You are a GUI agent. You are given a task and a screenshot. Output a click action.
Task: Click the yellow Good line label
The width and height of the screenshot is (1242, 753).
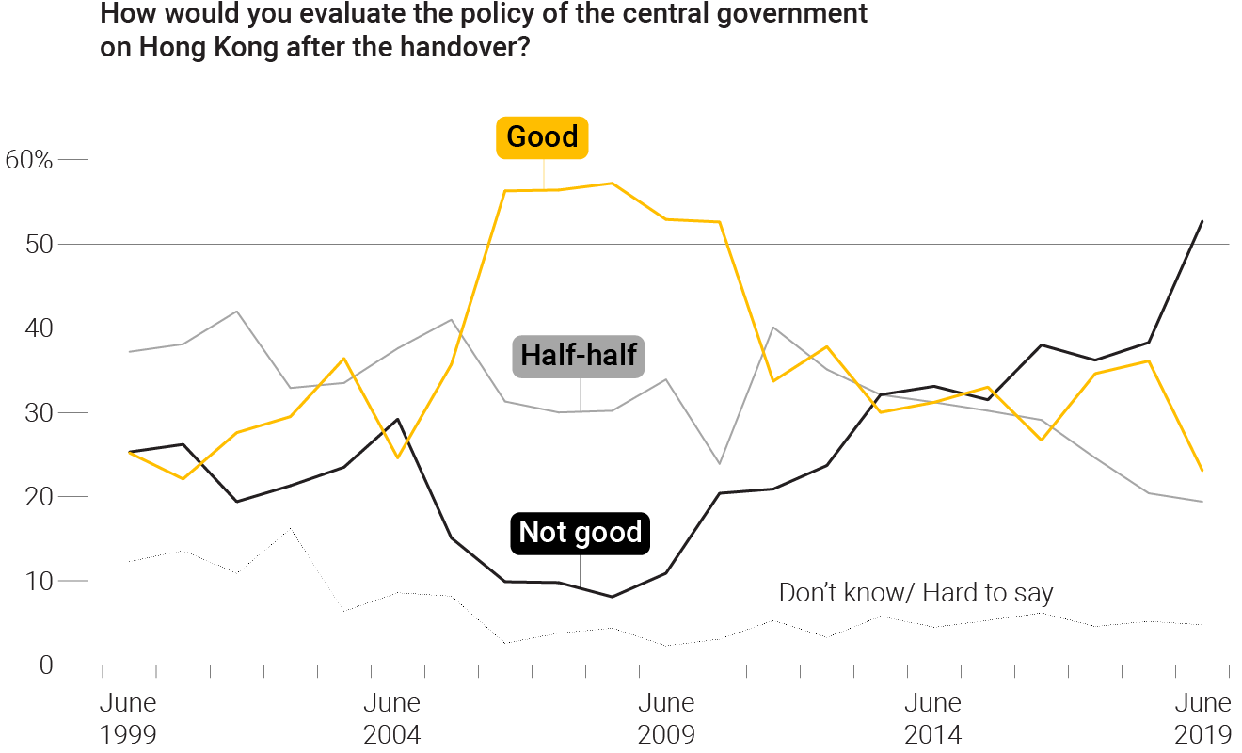tap(542, 137)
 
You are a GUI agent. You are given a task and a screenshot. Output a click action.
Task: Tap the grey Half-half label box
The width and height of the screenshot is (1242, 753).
tap(579, 356)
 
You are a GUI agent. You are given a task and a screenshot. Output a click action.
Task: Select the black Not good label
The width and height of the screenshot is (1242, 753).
tap(580, 533)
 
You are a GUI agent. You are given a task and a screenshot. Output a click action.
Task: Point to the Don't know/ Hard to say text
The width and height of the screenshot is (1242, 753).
tap(916, 593)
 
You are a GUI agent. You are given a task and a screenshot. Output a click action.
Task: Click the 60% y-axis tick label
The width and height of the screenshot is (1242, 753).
tap(29, 160)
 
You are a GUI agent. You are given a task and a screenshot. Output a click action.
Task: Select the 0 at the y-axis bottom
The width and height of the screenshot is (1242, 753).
tap(46, 665)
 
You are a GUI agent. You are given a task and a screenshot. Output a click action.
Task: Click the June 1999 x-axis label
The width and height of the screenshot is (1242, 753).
tap(128, 718)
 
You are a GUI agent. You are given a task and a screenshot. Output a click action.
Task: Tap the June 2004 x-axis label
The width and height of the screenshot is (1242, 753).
tap(392, 718)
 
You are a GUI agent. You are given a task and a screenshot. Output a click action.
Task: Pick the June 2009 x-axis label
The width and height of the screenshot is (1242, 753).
tap(666, 718)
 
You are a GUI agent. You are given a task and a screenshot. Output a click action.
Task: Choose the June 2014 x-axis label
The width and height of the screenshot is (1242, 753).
tap(933, 718)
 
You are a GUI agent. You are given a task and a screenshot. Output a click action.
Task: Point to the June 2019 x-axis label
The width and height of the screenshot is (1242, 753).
tap(1203, 718)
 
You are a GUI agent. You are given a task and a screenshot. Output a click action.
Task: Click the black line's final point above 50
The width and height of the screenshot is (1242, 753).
tap(1202, 221)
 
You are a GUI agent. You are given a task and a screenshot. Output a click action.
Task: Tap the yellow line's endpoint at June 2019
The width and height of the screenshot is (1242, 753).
tap(1202, 470)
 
